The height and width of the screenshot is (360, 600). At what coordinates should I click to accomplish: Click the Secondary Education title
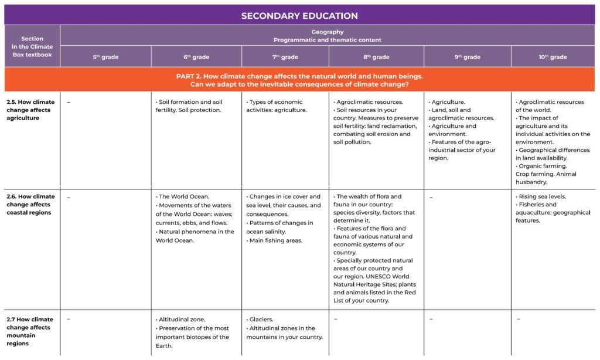(x=299, y=16)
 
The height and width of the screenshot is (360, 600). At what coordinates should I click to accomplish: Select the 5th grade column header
(x=105, y=57)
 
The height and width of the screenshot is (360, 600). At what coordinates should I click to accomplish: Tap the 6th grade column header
(x=196, y=57)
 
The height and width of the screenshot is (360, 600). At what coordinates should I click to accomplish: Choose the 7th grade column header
(x=285, y=57)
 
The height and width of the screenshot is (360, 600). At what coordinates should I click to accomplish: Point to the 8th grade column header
(x=376, y=57)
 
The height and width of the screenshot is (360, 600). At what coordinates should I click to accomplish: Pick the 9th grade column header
(x=467, y=57)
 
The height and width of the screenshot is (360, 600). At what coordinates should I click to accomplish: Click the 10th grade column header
(x=553, y=57)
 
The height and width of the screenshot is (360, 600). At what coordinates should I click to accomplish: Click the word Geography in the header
(x=328, y=32)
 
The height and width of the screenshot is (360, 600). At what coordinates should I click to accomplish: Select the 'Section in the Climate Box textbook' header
(x=32, y=46)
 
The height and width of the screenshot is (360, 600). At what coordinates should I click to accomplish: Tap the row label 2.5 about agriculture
(x=31, y=110)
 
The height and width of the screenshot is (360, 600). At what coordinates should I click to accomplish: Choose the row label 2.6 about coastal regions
(x=31, y=205)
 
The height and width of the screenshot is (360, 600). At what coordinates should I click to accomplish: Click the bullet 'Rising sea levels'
(x=542, y=197)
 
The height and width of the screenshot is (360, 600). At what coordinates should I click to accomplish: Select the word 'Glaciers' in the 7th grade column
(x=261, y=320)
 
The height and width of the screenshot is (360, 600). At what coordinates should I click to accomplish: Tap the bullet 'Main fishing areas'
(x=275, y=240)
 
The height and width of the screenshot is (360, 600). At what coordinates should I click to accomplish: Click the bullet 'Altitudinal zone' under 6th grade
(x=182, y=320)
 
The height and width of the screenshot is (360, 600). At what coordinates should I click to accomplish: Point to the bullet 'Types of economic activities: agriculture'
(x=278, y=106)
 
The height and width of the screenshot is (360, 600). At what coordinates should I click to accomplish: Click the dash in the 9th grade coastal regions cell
(x=431, y=198)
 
